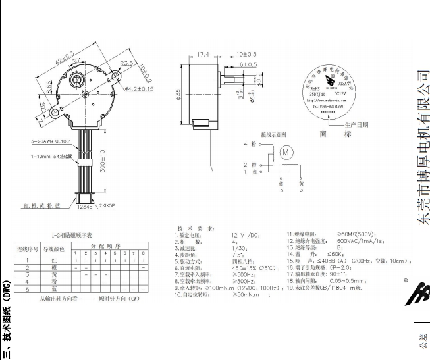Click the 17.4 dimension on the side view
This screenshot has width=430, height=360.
click(x=203, y=53)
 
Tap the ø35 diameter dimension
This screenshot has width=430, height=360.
click(x=178, y=95)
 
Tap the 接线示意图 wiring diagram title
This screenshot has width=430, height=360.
click(x=274, y=134)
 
